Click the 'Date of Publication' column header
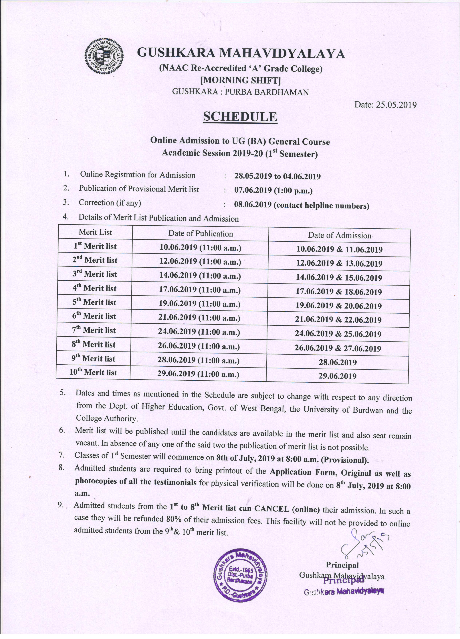[x=201, y=234]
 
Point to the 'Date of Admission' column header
[x=340, y=235]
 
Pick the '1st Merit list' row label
[x=95, y=246]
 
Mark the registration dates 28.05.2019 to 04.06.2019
[x=277, y=177]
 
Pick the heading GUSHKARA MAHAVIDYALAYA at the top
[x=241, y=53]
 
